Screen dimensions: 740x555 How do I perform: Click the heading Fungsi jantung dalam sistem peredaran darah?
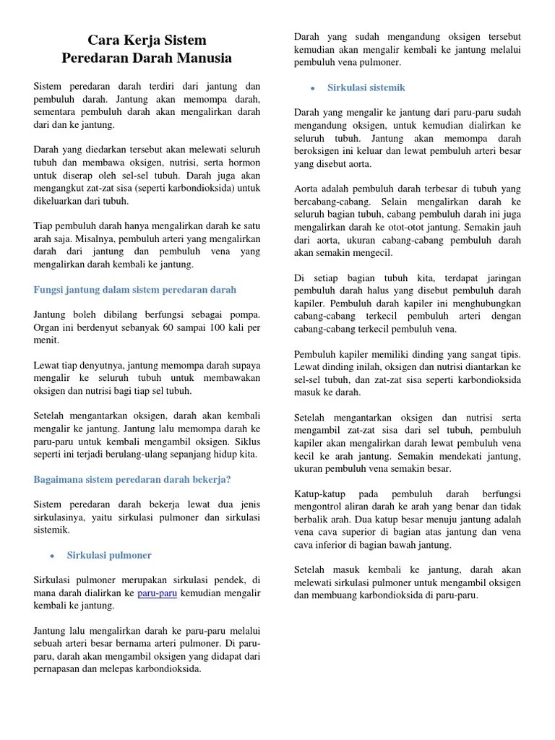135,290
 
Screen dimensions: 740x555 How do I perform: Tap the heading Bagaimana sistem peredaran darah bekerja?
132,479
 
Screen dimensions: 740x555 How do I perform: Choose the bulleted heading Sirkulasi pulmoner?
109,555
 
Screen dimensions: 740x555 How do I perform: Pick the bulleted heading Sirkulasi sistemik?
366,87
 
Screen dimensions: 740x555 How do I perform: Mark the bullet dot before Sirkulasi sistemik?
312,88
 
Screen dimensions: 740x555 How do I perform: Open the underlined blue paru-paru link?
158,593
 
